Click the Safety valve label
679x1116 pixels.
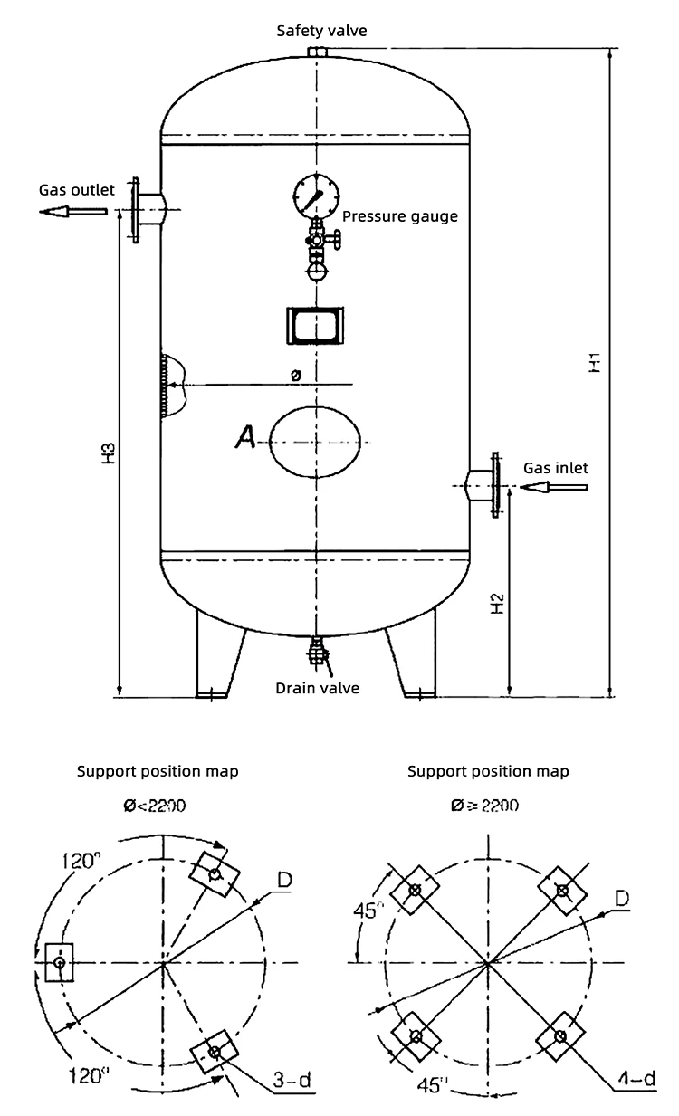(321, 31)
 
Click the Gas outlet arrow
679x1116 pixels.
(73, 211)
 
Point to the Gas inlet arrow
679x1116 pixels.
(556, 488)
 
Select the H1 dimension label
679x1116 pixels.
(594, 363)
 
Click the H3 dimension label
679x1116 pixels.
(107, 453)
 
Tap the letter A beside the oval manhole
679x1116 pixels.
(244, 438)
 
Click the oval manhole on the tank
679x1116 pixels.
(317, 443)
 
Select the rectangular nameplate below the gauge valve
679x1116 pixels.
(316, 325)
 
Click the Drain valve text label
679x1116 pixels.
(317, 688)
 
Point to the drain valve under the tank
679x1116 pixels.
(317, 653)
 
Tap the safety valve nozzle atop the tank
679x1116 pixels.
(317, 52)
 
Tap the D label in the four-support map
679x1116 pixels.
(622, 897)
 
